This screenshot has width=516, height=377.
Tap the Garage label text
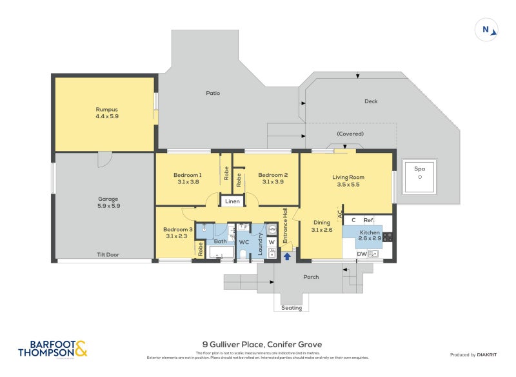108,199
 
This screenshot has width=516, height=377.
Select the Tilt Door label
108,254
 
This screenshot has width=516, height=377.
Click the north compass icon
488,29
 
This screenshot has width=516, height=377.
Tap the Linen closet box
232,201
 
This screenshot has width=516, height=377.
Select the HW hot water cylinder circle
272,229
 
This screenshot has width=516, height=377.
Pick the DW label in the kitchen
362,254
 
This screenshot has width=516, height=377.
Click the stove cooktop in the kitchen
388,236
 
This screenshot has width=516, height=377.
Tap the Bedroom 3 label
177,229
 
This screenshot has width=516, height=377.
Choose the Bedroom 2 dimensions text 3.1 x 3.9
273,182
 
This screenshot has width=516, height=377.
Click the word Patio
213,93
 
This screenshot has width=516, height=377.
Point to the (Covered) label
350,134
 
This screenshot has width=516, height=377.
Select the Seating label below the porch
292,308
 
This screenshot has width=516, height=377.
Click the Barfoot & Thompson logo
52,349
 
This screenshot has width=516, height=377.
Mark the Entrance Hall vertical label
284,224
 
